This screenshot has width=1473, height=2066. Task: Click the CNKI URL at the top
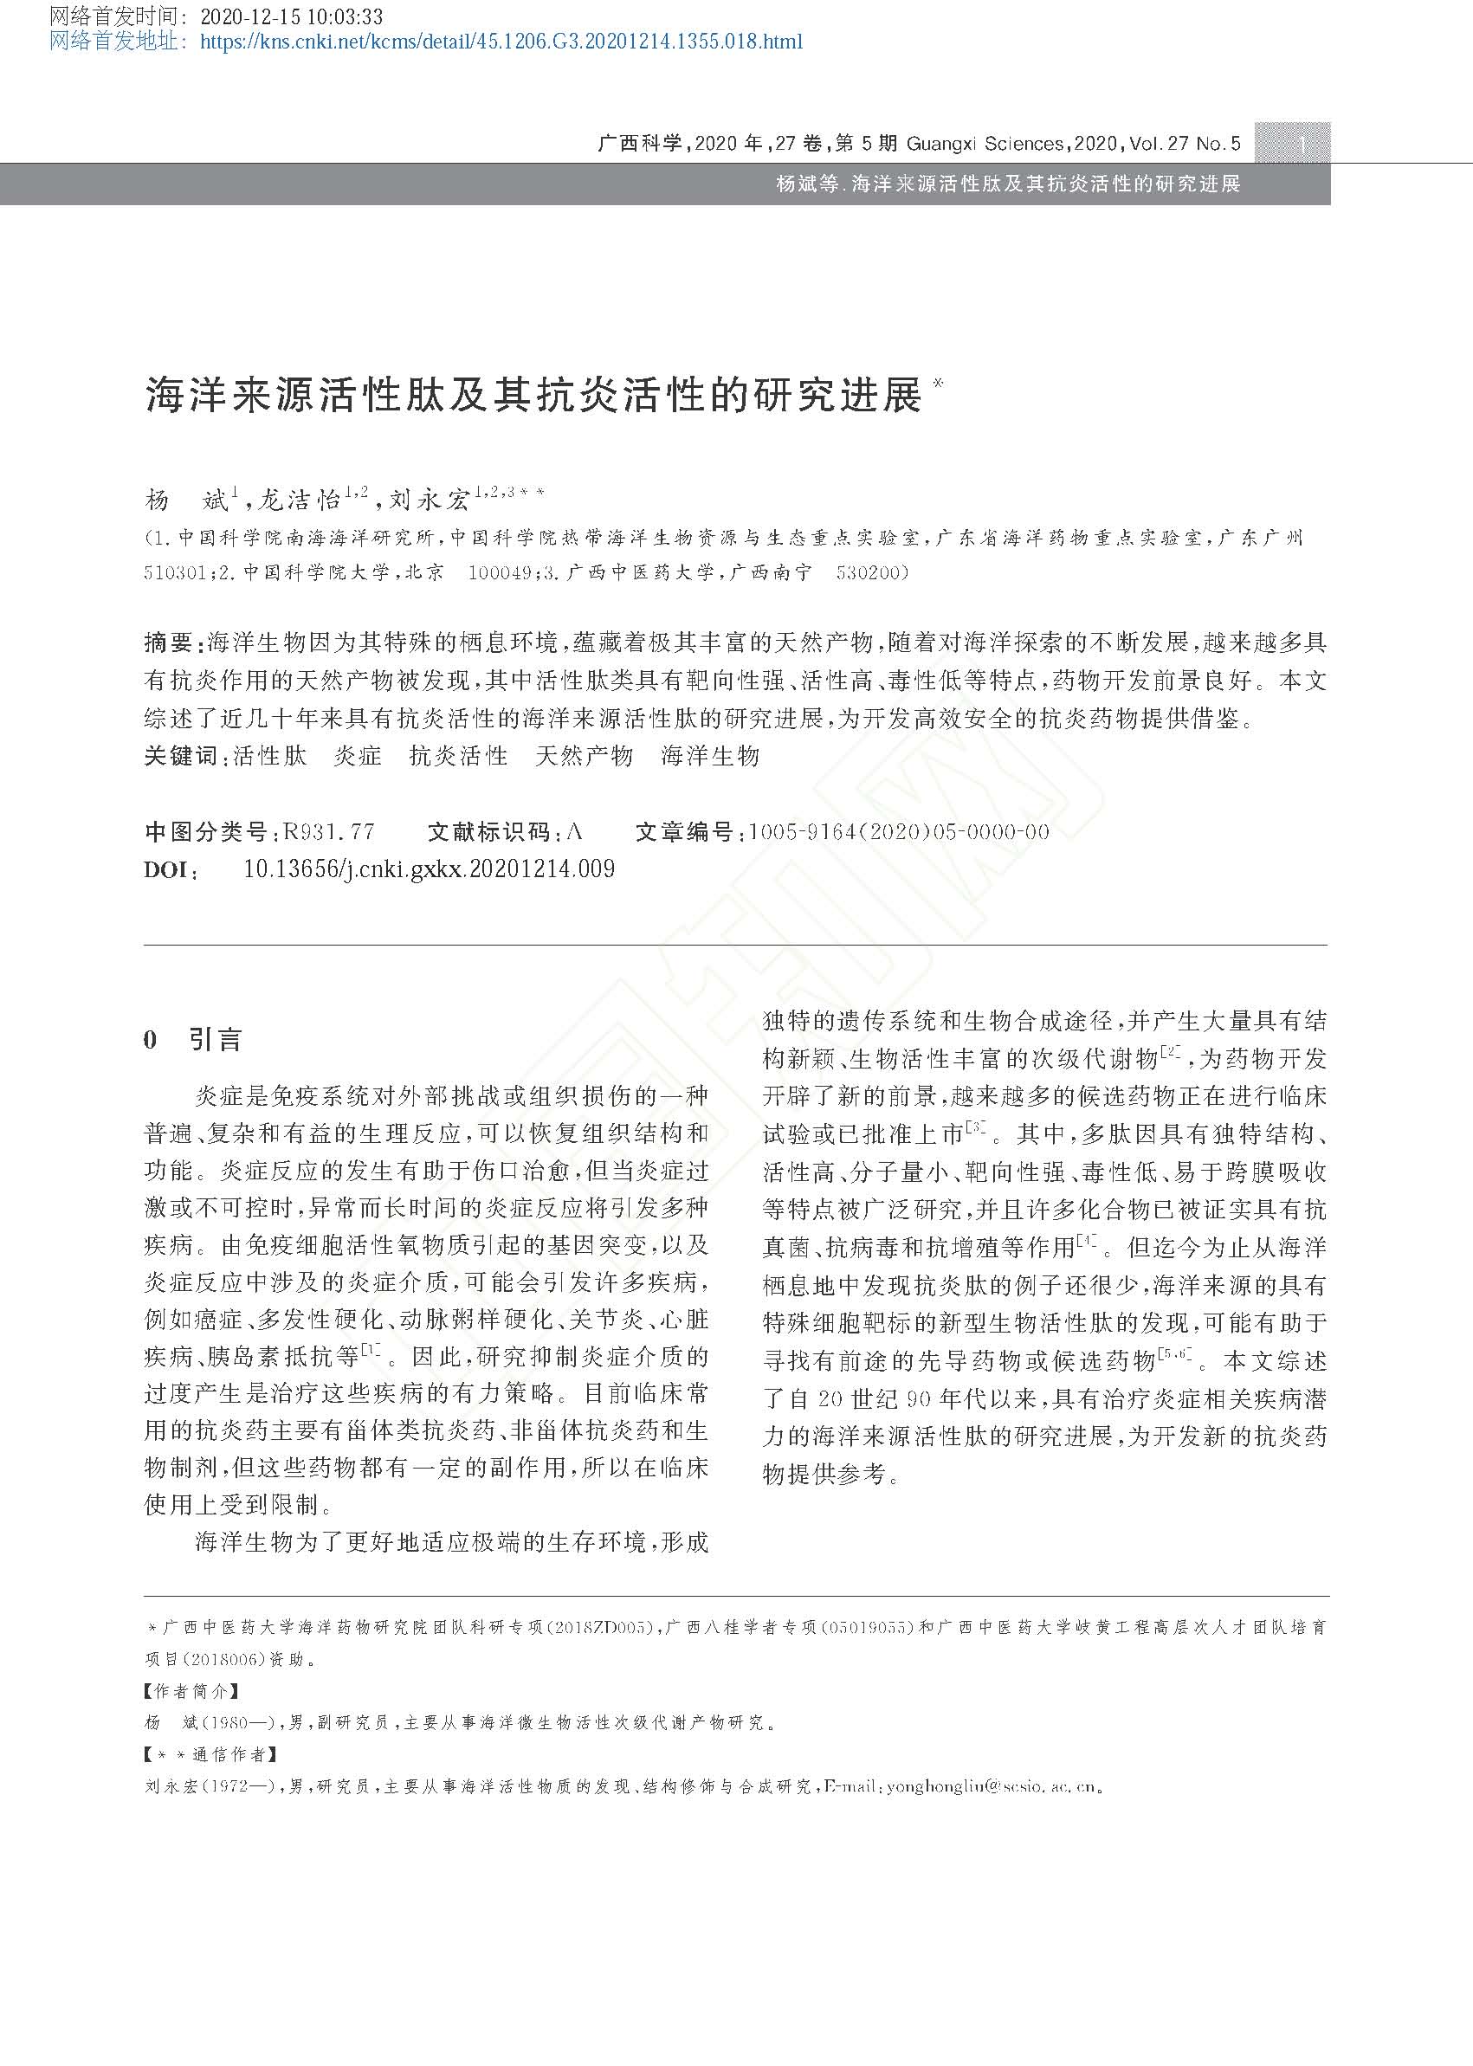(x=501, y=42)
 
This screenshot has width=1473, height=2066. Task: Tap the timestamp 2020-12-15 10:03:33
(x=290, y=16)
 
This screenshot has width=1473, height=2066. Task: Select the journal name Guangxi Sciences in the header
(x=984, y=143)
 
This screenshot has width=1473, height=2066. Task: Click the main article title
(x=534, y=395)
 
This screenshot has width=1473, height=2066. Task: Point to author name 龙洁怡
(x=299, y=500)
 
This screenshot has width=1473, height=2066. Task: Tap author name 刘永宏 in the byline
(x=429, y=500)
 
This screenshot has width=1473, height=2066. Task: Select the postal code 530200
(x=872, y=573)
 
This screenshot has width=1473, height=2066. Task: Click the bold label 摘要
(x=168, y=643)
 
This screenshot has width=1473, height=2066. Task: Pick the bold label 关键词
(x=180, y=755)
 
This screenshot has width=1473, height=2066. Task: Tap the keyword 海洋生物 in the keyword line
(x=709, y=755)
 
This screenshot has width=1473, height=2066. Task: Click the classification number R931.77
(x=328, y=831)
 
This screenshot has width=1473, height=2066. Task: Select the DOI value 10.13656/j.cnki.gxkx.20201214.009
(x=429, y=868)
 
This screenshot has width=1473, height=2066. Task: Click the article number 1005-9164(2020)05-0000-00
(x=898, y=831)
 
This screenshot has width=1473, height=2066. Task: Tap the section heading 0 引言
(x=192, y=1039)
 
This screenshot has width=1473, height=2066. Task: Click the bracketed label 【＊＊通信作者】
(x=211, y=1754)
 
